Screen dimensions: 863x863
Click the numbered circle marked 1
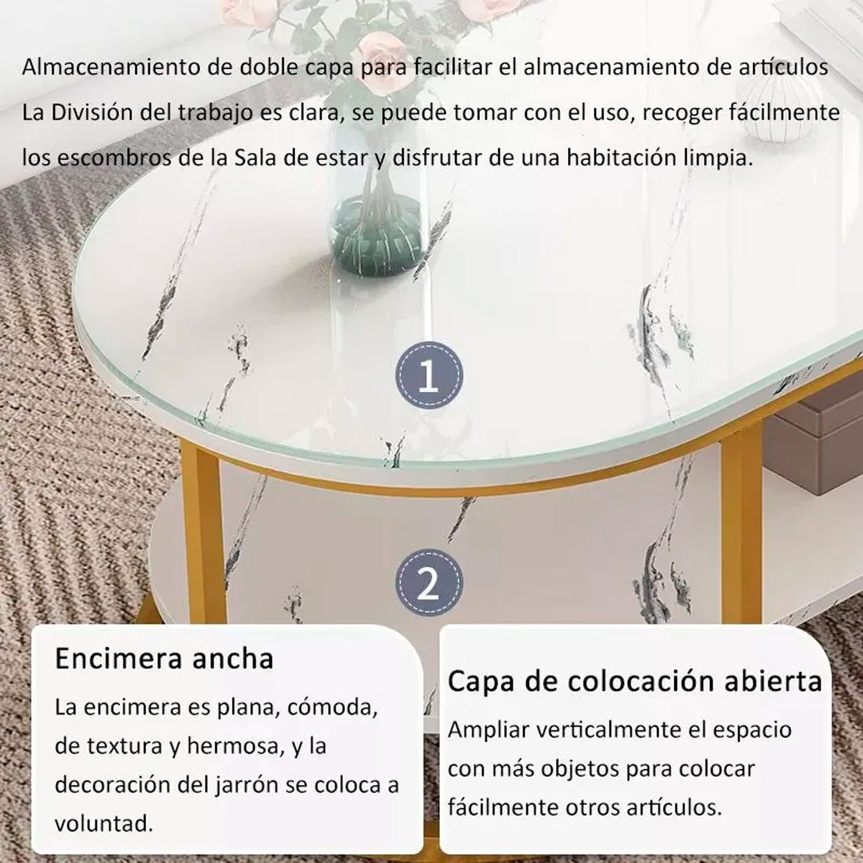pyautogui.click(x=429, y=376)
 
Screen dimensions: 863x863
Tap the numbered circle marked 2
pyautogui.click(x=429, y=583)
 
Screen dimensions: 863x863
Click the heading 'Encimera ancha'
pyautogui.click(x=164, y=659)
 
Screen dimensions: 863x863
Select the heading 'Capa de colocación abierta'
pyautogui.click(x=635, y=681)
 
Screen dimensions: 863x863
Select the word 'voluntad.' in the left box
pyautogui.click(x=104, y=823)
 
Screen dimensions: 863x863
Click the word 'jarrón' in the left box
pyautogui.click(x=242, y=785)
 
